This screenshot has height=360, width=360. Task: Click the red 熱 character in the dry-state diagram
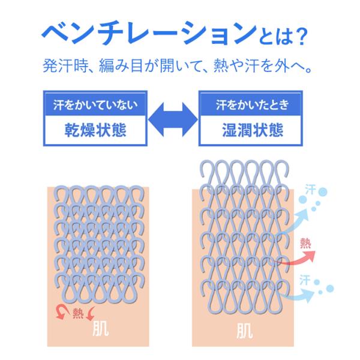tap(78, 313)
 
